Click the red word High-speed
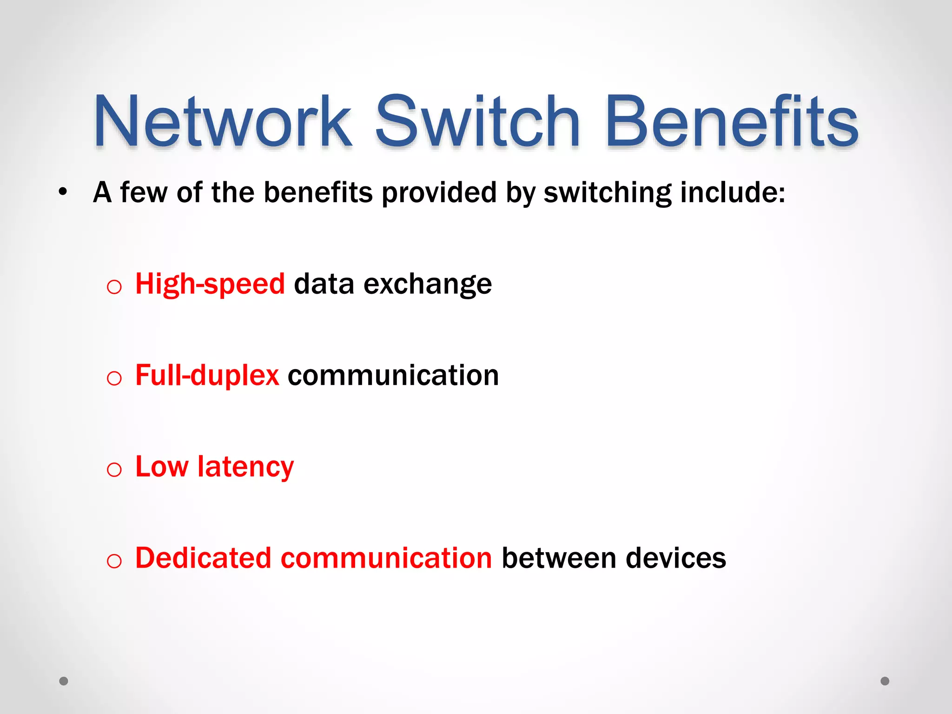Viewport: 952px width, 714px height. [x=210, y=284]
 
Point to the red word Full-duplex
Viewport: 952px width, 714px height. [x=207, y=376]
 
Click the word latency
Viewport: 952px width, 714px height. [x=245, y=467]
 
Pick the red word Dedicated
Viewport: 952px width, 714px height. [x=203, y=558]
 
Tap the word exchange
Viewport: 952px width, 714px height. [x=427, y=284]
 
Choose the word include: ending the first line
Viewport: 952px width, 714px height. [x=733, y=192]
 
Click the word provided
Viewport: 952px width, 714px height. [x=439, y=192]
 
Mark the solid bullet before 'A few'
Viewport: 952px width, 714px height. [x=63, y=192]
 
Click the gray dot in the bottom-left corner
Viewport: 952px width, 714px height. [x=64, y=681]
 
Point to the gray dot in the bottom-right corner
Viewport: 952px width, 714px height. [x=885, y=681]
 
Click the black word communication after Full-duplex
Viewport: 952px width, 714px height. [x=393, y=376]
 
